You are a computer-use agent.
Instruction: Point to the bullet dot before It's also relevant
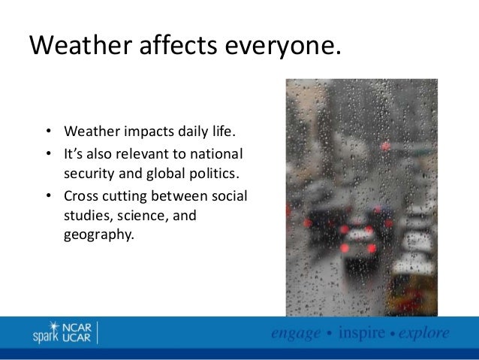[48, 156]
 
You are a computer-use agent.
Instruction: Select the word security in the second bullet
[88, 176]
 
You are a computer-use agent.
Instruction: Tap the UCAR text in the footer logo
[75, 339]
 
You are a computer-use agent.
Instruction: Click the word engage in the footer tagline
[296, 333]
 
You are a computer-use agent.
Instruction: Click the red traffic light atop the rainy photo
[385, 147]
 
